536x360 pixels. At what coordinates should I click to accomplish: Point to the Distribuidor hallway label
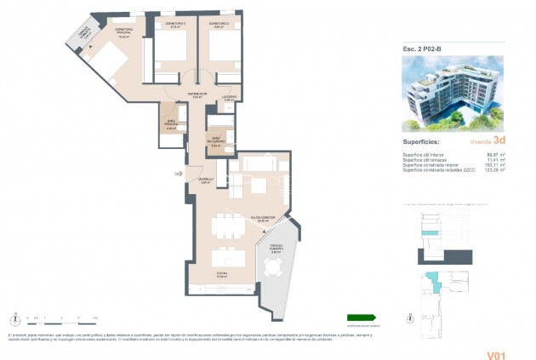click(197, 94)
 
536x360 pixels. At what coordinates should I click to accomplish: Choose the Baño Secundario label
click(215, 142)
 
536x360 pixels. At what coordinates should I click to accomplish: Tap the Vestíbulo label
click(206, 180)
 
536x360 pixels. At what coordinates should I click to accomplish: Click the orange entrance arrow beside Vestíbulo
click(177, 174)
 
